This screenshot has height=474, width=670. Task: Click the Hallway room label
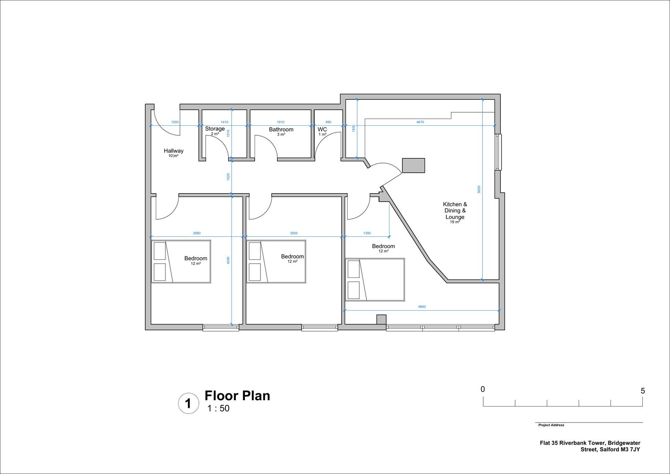tap(173, 151)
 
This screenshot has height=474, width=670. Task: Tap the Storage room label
tap(215, 129)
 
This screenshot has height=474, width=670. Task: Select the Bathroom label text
tap(281, 130)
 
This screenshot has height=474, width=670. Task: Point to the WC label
tap(322, 130)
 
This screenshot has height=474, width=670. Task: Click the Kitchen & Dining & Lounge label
tap(455, 211)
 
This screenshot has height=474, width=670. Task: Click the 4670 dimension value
tap(420, 122)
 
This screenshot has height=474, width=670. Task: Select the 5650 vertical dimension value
tap(479, 189)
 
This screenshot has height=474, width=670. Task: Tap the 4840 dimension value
tap(422, 307)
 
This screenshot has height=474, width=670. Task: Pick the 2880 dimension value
tap(196, 233)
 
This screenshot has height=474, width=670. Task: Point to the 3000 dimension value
tap(294, 233)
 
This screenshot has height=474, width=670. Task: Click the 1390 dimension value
tap(367, 233)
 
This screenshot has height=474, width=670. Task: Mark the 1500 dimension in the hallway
tap(175, 122)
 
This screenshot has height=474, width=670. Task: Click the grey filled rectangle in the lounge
tap(413, 165)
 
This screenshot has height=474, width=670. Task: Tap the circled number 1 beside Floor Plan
tap(188, 404)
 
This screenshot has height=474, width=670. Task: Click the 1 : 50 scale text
tap(218, 409)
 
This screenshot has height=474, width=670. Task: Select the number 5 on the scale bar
tap(643, 391)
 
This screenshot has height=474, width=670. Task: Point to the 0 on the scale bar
tap(483, 389)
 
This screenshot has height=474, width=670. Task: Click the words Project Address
tap(551, 425)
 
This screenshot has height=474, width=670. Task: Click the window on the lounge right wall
tap(497, 152)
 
